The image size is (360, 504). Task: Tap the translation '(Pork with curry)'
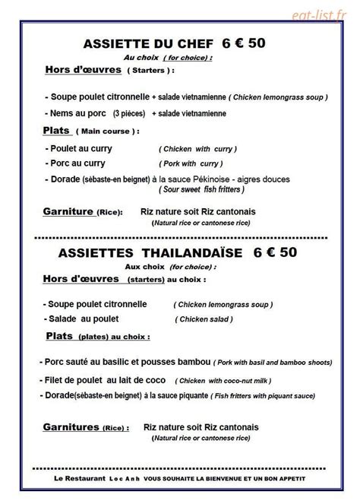(x=191, y=163)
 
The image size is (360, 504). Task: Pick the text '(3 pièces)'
(x=130, y=113)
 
